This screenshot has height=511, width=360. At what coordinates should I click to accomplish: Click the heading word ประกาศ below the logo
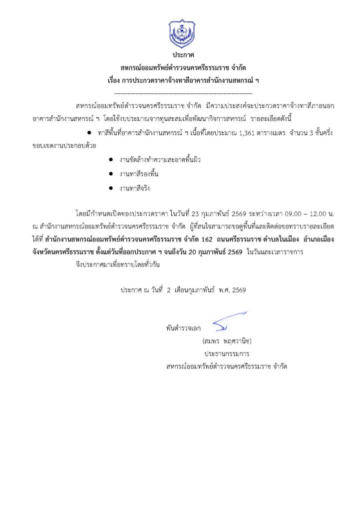[x=183, y=55]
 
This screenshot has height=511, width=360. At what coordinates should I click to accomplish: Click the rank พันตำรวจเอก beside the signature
[x=184, y=329]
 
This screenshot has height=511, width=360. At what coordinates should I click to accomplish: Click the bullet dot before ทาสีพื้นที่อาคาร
[x=88, y=134]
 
